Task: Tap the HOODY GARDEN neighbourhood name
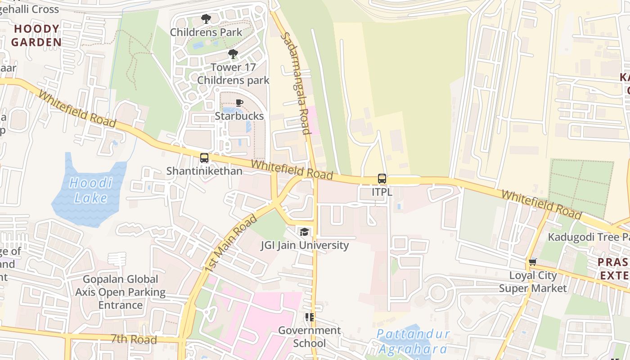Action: pyautogui.click(x=36, y=36)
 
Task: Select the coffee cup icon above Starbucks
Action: pyautogui.click(x=239, y=103)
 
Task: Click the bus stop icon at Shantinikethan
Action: pyautogui.click(x=204, y=158)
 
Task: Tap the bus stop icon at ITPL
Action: pyautogui.click(x=382, y=179)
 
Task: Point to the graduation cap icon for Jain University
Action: pyautogui.click(x=304, y=232)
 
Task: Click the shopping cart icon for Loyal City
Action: pyautogui.click(x=533, y=262)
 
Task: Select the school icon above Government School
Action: pyautogui.click(x=309, y=317)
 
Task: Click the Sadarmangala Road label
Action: pyautogui.click(x=296, y=83)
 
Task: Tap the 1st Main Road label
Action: pyautogui.click(x=230, y=243)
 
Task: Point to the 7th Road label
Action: pyautogui.click(x=134, y=339)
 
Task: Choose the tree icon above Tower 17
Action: pyautogui.click(x=233, y=54)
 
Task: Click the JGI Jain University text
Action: pyautogui.click(x=305, y=245)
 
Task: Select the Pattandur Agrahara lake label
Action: pyautogui.click(x=413, y=342)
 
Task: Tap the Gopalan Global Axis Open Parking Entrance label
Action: pyautogui.click(x=120, y=292)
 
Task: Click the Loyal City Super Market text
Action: pyautogui.click(x=533, y=282)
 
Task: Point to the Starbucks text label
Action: pyautogui.click(x=239, y=116)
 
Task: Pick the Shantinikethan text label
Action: pyautogui.click(x=204, y=171)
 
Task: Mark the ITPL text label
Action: pyautogui.click(x=382, y=192)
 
